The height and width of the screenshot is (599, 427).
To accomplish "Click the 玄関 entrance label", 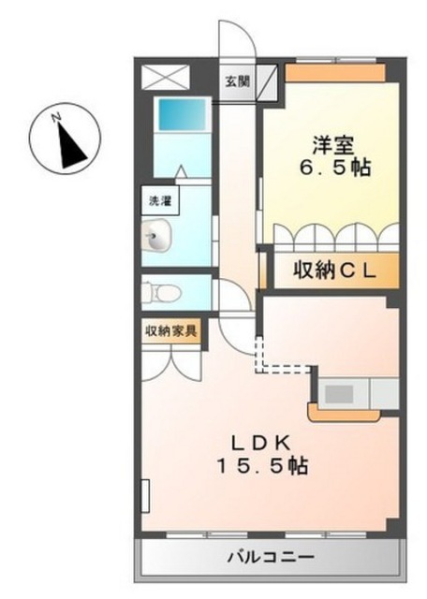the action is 237,81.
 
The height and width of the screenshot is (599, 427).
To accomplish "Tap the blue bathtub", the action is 182,114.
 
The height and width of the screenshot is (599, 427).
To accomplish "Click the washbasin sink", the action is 156,236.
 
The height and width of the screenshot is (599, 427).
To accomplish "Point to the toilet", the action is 160,293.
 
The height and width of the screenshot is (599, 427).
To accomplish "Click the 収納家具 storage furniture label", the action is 170,330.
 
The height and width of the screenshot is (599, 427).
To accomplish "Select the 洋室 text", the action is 332,145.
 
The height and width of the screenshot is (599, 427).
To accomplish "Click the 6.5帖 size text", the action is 334,168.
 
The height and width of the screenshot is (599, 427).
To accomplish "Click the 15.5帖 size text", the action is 262,466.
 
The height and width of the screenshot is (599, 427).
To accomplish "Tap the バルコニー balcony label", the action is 271,557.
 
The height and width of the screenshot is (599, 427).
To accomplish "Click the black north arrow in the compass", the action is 71,146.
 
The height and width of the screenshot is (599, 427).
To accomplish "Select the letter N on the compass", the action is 56,117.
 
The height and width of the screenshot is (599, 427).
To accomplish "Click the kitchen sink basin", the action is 339,393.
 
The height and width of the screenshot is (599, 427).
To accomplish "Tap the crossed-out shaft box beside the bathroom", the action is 166,78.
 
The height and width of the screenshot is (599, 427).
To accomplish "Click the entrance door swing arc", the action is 244,31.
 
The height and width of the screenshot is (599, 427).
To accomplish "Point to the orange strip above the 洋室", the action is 335,73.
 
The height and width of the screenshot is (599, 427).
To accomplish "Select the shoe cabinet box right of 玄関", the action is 267,82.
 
